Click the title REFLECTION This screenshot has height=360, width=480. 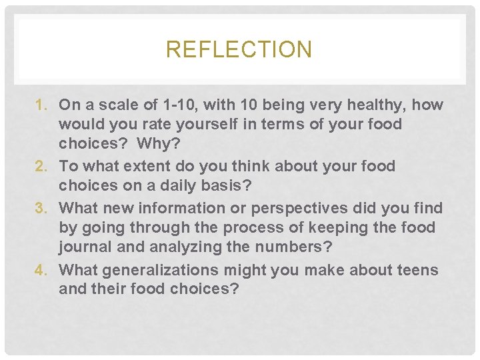pos(239,50)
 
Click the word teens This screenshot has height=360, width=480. pos(415,270)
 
